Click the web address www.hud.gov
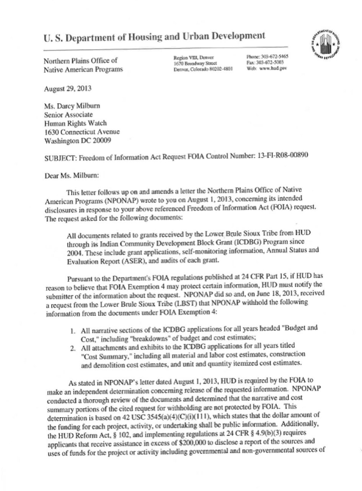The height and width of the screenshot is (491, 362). click(272, 69)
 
